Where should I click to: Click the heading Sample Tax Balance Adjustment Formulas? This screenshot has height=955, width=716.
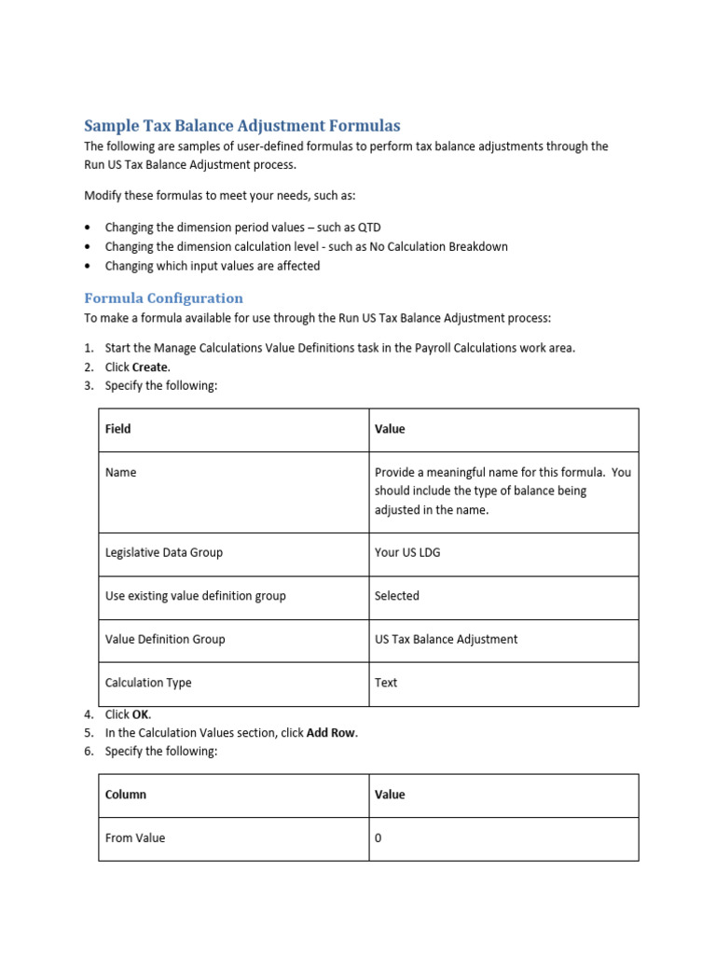click(241, 125)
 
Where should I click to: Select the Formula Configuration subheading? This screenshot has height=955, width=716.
click(163, 298)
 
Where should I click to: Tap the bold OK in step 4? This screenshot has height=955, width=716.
click(141, 714)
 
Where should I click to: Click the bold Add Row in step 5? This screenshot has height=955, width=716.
click(331, 733)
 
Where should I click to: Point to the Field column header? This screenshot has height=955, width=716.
click(118, 429)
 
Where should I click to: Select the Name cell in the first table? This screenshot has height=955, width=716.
click(121, 473)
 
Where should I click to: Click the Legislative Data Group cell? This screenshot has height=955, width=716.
click(164, 552)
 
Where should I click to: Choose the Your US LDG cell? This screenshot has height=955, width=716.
click(407, 552)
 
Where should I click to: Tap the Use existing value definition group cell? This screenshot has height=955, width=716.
click(196, 596)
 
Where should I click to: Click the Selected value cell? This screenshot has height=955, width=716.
click(397, 596)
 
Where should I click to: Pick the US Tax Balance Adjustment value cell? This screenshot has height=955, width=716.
click(446, 640)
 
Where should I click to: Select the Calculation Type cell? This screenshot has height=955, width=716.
click(148, 683)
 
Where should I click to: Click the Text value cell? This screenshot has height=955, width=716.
click(386, 683)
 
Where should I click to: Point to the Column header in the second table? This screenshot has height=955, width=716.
click(126, 795)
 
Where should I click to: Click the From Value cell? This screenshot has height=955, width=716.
click(135, 838)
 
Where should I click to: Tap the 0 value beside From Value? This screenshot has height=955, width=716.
click(379, 838)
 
